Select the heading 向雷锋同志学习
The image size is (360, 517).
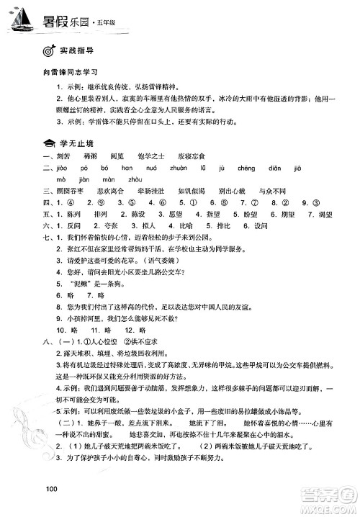click(70, 73)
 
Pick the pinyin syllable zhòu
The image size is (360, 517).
click(134, 179)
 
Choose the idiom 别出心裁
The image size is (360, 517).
click(251, 192)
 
